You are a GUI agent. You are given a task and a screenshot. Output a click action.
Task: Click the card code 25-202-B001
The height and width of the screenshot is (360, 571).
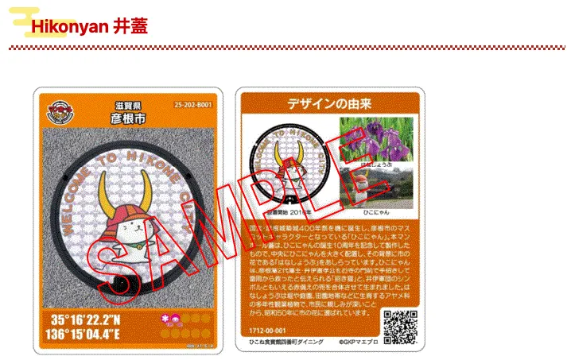[x=194, y=105]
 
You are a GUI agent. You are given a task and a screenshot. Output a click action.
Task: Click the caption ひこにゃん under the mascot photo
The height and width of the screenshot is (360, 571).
[x=367, y=214]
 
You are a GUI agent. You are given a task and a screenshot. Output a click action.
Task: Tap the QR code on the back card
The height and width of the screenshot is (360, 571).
[x=400, y=323]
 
